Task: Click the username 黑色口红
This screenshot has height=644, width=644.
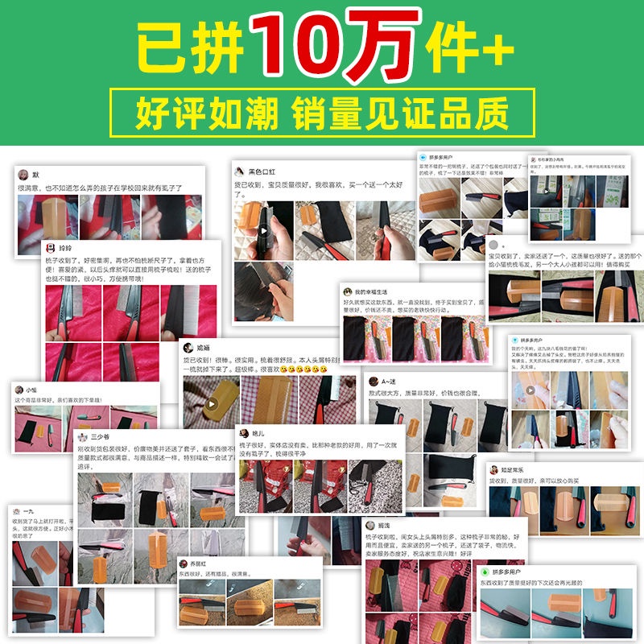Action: [x=262, y=171]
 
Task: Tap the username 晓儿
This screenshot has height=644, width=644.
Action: [x=258, y=433]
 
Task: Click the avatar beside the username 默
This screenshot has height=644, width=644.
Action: [x=23, y=174]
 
